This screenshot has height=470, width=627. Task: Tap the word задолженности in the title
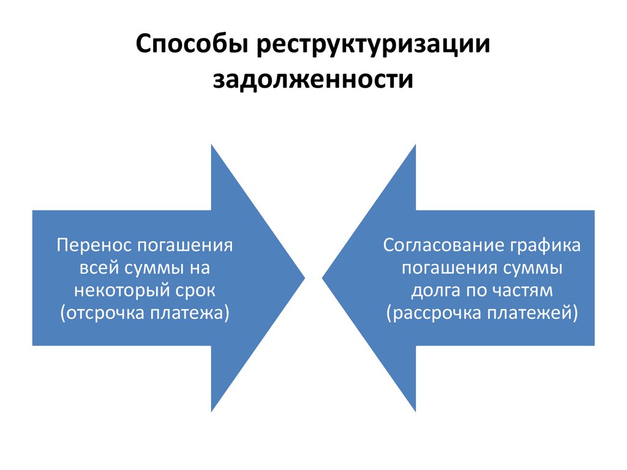coord(313,80)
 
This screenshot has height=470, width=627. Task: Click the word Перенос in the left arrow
coord(93,246)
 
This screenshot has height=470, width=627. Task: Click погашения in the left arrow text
coord(184,246)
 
